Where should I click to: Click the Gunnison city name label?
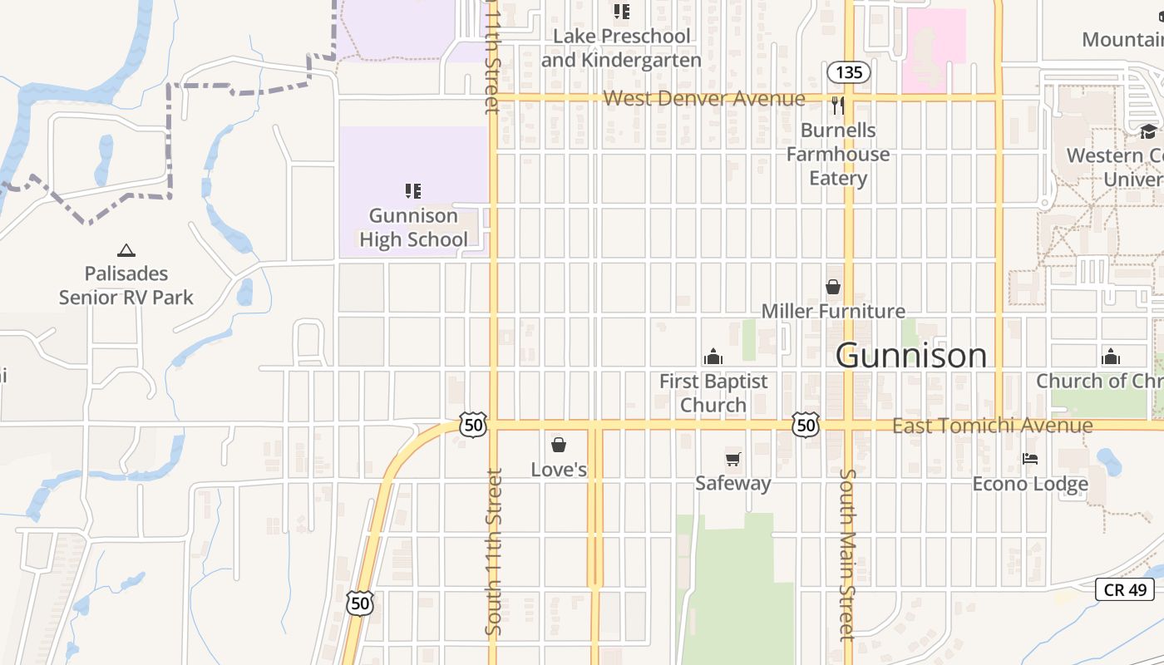pos(911,356)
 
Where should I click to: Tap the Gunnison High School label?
pos(413,228)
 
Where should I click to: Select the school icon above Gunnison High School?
pos(413,191)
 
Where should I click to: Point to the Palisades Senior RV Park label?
pos(126,285)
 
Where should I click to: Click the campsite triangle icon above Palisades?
pos(126,249)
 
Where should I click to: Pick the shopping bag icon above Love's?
pos(559,445)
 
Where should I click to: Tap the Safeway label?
pos(732,483)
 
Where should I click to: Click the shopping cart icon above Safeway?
pos(732,459)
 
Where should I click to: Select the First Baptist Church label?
pos(713,393)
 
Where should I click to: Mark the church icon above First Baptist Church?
pos(713,357)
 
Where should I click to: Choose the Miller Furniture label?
pos(833,311)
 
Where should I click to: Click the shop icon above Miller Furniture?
pos(833,287)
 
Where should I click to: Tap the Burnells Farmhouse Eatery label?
pos(838,155)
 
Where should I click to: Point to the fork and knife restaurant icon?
pos(838,106)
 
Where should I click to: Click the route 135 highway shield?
pos(849,72)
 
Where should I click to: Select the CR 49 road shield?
pos(1126,589)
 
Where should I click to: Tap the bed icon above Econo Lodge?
pos(1030,459)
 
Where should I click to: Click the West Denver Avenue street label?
pos(704,99)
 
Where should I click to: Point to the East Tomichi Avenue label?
pos(992,426)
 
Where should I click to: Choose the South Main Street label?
pos(847,555)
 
